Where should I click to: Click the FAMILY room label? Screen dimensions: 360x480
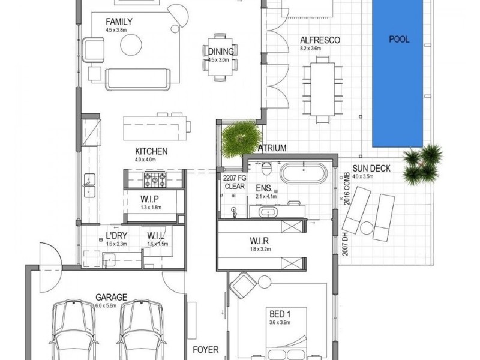coord(119,22)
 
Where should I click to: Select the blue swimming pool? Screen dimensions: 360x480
coord(399,75)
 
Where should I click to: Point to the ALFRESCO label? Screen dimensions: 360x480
coord(320,41)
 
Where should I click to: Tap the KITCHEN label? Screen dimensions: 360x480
coord(151,151)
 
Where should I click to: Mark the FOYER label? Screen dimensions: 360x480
coord(205,349)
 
